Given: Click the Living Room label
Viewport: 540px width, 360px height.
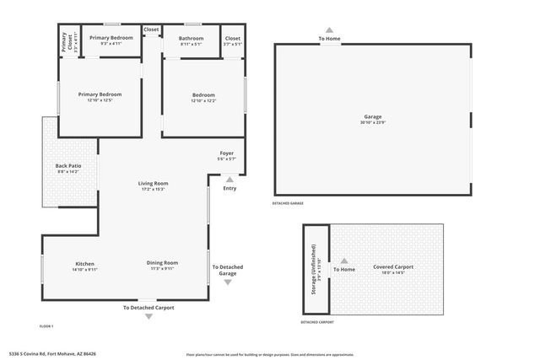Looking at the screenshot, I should point(154,183).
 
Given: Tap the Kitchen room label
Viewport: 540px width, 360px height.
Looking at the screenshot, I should point(84,264).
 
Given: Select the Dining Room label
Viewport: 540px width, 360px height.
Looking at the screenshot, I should point(164,263).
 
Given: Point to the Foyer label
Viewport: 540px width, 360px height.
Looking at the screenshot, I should point(226,153).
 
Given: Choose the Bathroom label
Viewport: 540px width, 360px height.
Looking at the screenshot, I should point(191,38).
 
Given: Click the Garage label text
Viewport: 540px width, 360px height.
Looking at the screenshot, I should point(372,116).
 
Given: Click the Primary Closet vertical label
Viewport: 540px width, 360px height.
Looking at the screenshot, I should point(64,42).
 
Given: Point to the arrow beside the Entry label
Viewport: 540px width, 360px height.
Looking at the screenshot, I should point(229,179).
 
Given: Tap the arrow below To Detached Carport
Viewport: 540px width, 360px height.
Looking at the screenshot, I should point(149,316).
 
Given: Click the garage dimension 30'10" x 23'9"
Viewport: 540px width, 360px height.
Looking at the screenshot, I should point(372,123).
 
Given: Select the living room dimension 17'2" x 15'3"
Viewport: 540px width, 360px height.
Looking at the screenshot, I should point(154,189).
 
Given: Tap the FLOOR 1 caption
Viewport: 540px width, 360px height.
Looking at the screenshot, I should point(46,325).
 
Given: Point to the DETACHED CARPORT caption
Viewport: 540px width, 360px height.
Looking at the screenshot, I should point(317,322).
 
